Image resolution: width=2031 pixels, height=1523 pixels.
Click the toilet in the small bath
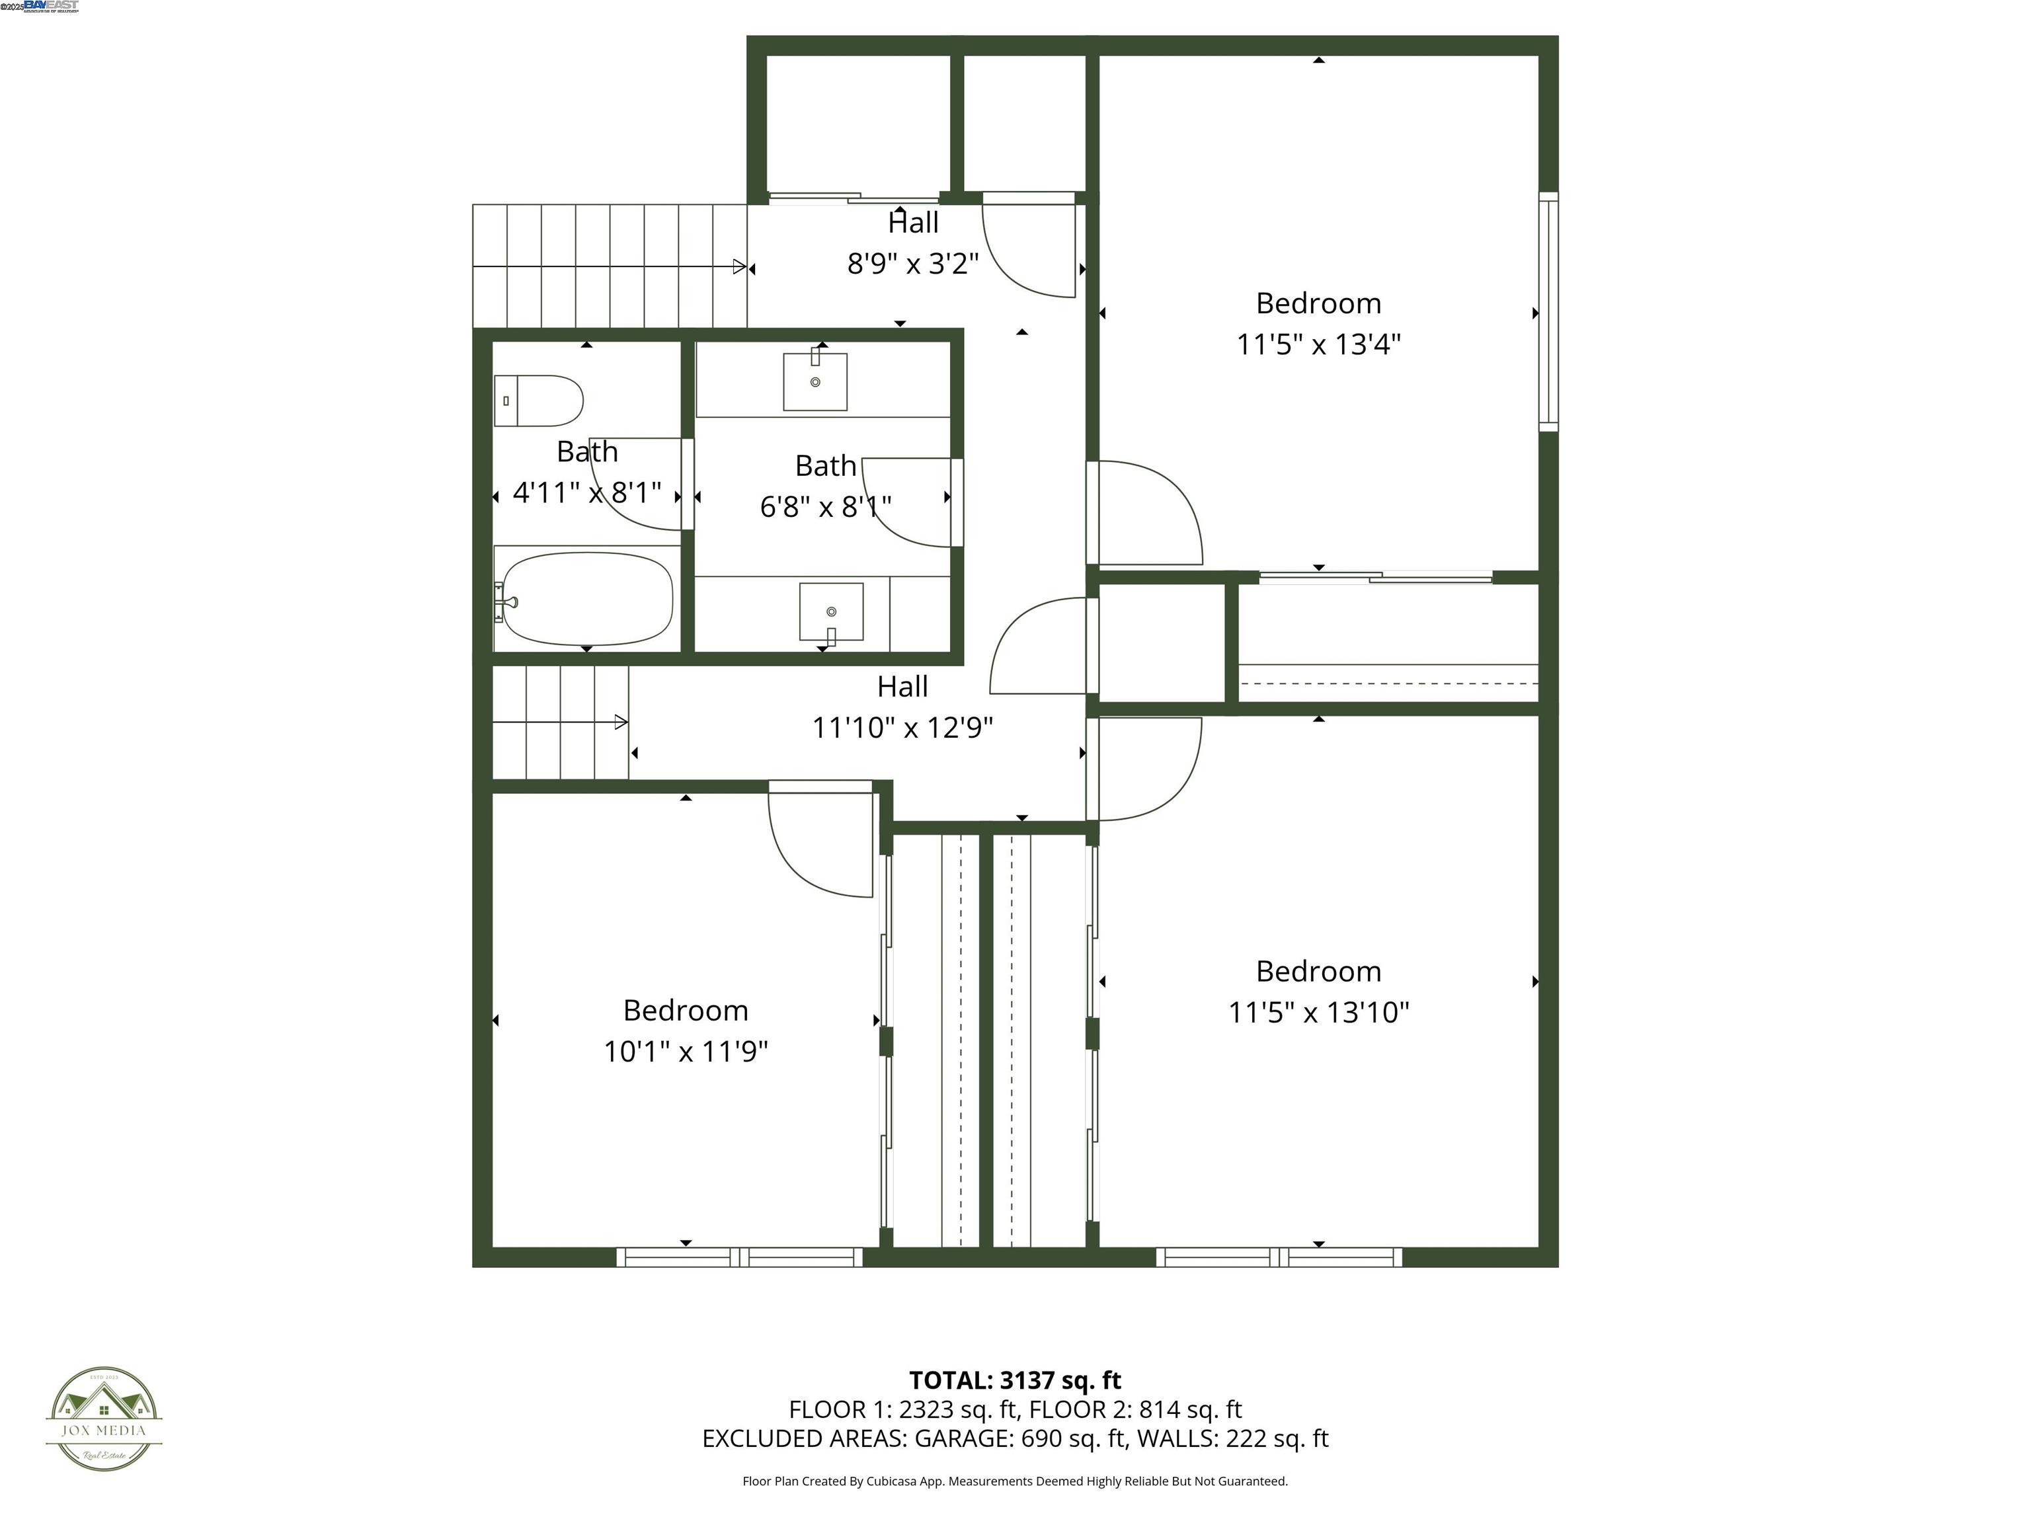(x=539, y=401)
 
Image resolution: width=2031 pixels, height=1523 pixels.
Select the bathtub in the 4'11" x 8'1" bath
(x=588, y=598)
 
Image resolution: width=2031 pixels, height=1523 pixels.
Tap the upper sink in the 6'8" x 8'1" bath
(x=815, y=381)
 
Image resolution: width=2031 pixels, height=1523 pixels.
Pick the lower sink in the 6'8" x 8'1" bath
(x=831, y=611)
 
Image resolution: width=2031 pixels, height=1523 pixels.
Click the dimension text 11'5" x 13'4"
(x=1318, y=344)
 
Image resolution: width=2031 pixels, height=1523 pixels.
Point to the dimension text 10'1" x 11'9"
(x=685, y=1051)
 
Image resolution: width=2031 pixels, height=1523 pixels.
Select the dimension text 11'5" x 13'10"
(x=1318, y=1011)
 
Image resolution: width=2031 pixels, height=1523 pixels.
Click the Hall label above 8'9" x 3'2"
(x=912, y=222)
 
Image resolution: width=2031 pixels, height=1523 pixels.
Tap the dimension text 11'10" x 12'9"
(x=902, y=727)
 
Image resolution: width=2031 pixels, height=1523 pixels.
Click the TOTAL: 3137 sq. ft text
(x=1015, y=1380)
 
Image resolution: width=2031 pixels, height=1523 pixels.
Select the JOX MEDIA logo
(x=104, y=1419)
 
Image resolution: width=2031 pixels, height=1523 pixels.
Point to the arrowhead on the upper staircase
(x=739, y=267)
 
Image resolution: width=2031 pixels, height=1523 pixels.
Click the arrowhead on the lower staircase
(x=621, y=722)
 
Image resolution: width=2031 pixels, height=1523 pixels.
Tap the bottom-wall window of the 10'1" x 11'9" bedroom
(x=739, y=1257)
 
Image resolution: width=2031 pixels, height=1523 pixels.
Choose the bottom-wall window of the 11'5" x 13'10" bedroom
(x=1279, y=1257)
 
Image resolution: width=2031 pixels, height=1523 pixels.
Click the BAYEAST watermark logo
(x=50, y=5)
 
